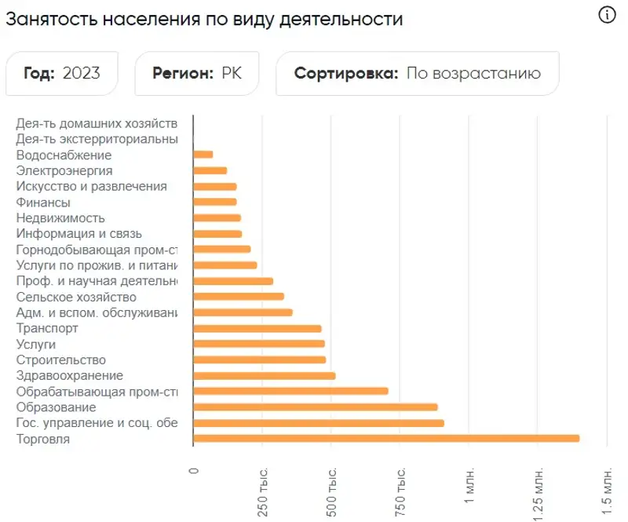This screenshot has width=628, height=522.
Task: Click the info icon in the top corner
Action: (x=607, y=15)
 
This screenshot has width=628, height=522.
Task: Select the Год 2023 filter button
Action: (x=62, y=74)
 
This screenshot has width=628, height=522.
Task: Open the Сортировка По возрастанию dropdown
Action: (x=417, y=74)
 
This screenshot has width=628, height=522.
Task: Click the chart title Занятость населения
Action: (x=204, y=19)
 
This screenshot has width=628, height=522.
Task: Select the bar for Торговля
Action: (x=385, y=438)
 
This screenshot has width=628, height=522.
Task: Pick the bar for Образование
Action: (x=315, y=407)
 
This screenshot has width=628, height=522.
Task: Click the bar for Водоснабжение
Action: (x=203, y=155)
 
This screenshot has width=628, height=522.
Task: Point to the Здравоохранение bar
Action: (x=264, y=375)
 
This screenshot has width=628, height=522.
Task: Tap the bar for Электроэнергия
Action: (x=210, y=170)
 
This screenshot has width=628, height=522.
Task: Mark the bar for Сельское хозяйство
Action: (x=238, y=297)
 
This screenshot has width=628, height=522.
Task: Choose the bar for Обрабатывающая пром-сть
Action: (x=290, y=391)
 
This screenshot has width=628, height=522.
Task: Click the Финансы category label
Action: (x=43, y=203)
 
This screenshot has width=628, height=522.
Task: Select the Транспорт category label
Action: (x=47, y=328)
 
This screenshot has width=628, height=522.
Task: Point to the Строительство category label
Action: (x=60, y=360)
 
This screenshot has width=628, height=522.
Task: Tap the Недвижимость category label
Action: (x=60, y=218)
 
